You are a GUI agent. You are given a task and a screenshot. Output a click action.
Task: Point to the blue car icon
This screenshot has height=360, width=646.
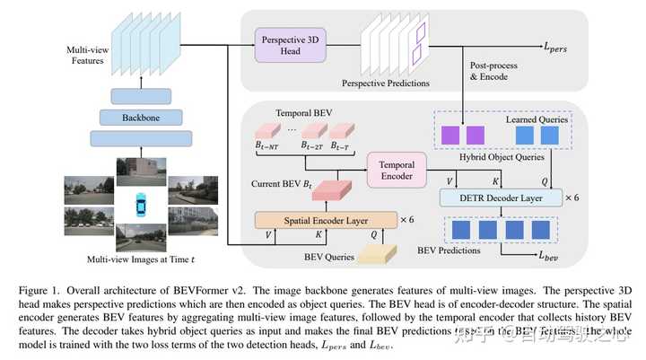(139, 204)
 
